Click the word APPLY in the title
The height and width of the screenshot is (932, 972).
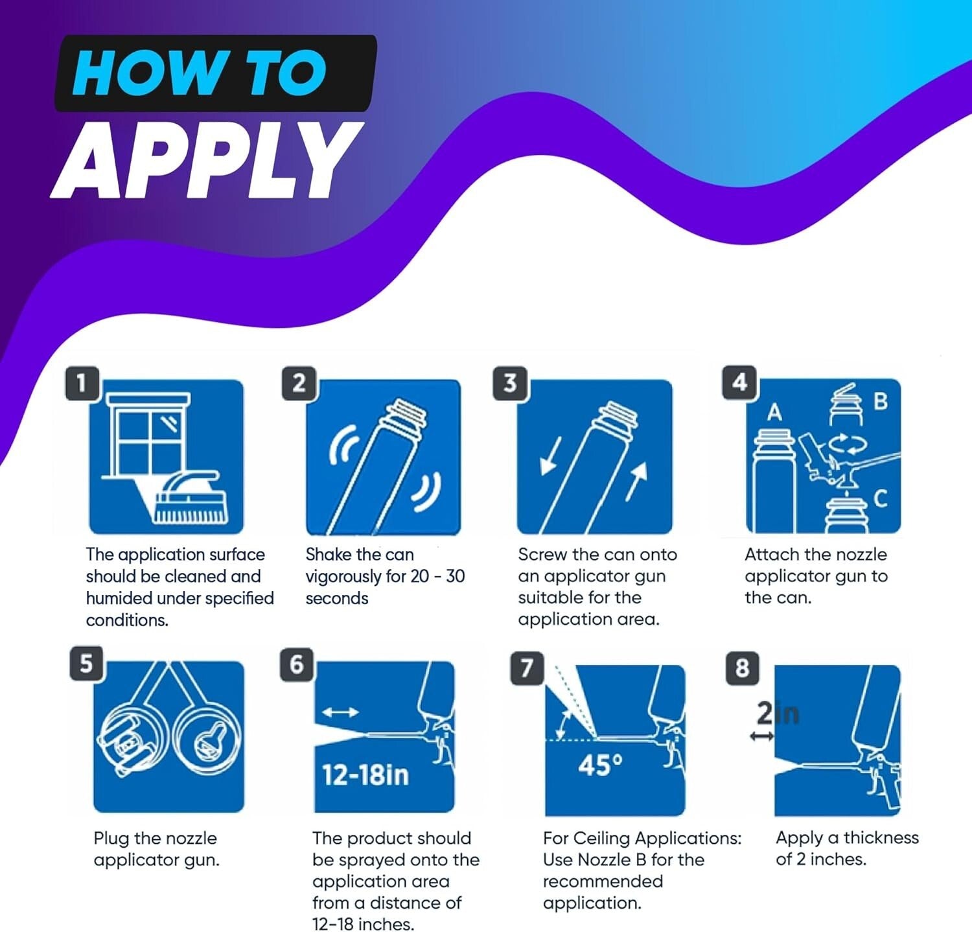tap(207, 159)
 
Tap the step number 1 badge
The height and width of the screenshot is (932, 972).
tap(82, 384)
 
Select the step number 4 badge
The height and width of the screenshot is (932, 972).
tap(739, 382)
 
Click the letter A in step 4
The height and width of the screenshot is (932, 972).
tap(774, 412)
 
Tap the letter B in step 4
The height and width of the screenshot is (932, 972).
tap(880, 401)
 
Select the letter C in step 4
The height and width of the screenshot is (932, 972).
tap(880, 498)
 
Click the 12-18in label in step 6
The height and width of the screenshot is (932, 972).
tap(365, 775)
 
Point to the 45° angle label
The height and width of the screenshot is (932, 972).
tap(600, 765)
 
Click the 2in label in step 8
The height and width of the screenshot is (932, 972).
tap(778, 714)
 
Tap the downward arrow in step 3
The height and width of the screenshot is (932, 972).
tap(550, 456)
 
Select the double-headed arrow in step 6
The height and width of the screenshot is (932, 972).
tap(340, 712)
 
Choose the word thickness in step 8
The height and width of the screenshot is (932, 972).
tap(881, 837)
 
